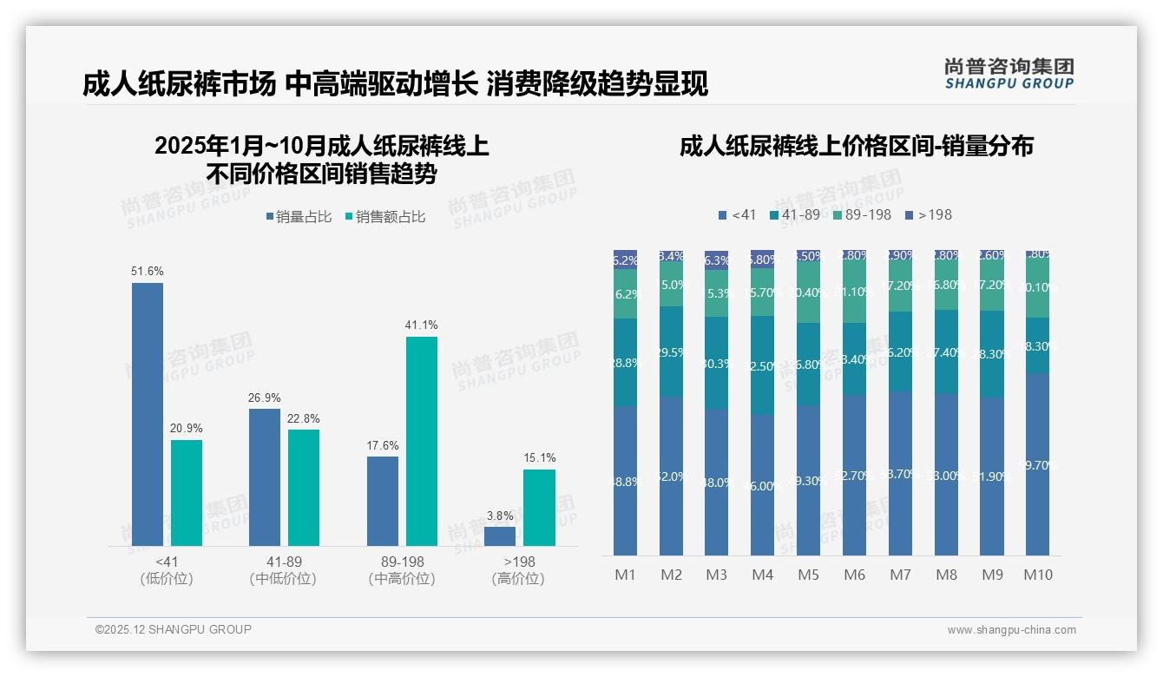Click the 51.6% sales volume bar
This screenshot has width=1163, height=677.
[148, 414]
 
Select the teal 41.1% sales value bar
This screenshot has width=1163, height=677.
[422, 441]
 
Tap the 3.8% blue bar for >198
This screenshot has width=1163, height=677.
[500, 536]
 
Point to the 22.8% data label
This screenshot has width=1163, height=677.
[304, 418]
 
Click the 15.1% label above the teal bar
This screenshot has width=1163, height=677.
[540, 458]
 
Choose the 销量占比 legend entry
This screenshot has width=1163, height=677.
[299, 217]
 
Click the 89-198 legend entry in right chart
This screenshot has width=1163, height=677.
[862, 214]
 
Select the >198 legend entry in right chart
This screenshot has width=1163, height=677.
[929, 214]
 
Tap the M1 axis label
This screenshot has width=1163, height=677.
[626, 575]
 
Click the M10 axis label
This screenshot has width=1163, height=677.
[1037, 575]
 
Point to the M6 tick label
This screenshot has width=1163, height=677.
[854, 575]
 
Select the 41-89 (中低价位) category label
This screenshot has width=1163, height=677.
[283, 570]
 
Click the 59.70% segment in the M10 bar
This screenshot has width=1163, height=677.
[1037, 464]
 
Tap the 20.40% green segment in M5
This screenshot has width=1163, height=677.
[808, 292]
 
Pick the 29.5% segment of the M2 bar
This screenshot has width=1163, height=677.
[671, 352]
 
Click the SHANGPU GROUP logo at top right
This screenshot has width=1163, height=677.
[1009, 74]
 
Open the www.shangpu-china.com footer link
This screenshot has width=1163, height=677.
[1011, 630]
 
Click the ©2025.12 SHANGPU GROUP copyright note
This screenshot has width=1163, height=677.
[174, 629]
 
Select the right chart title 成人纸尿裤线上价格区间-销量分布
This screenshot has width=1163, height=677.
[856, 147]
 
